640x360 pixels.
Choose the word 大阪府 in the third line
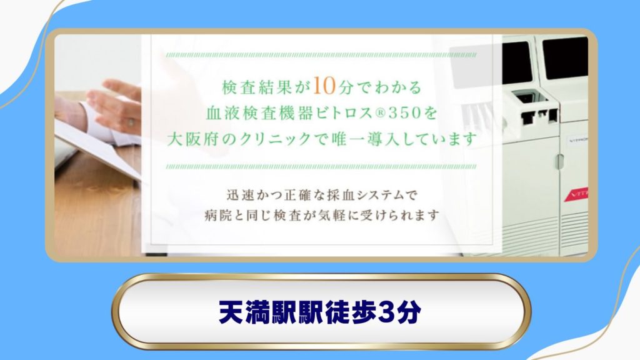click(195, 139)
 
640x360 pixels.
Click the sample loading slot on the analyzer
click(522, 97)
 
